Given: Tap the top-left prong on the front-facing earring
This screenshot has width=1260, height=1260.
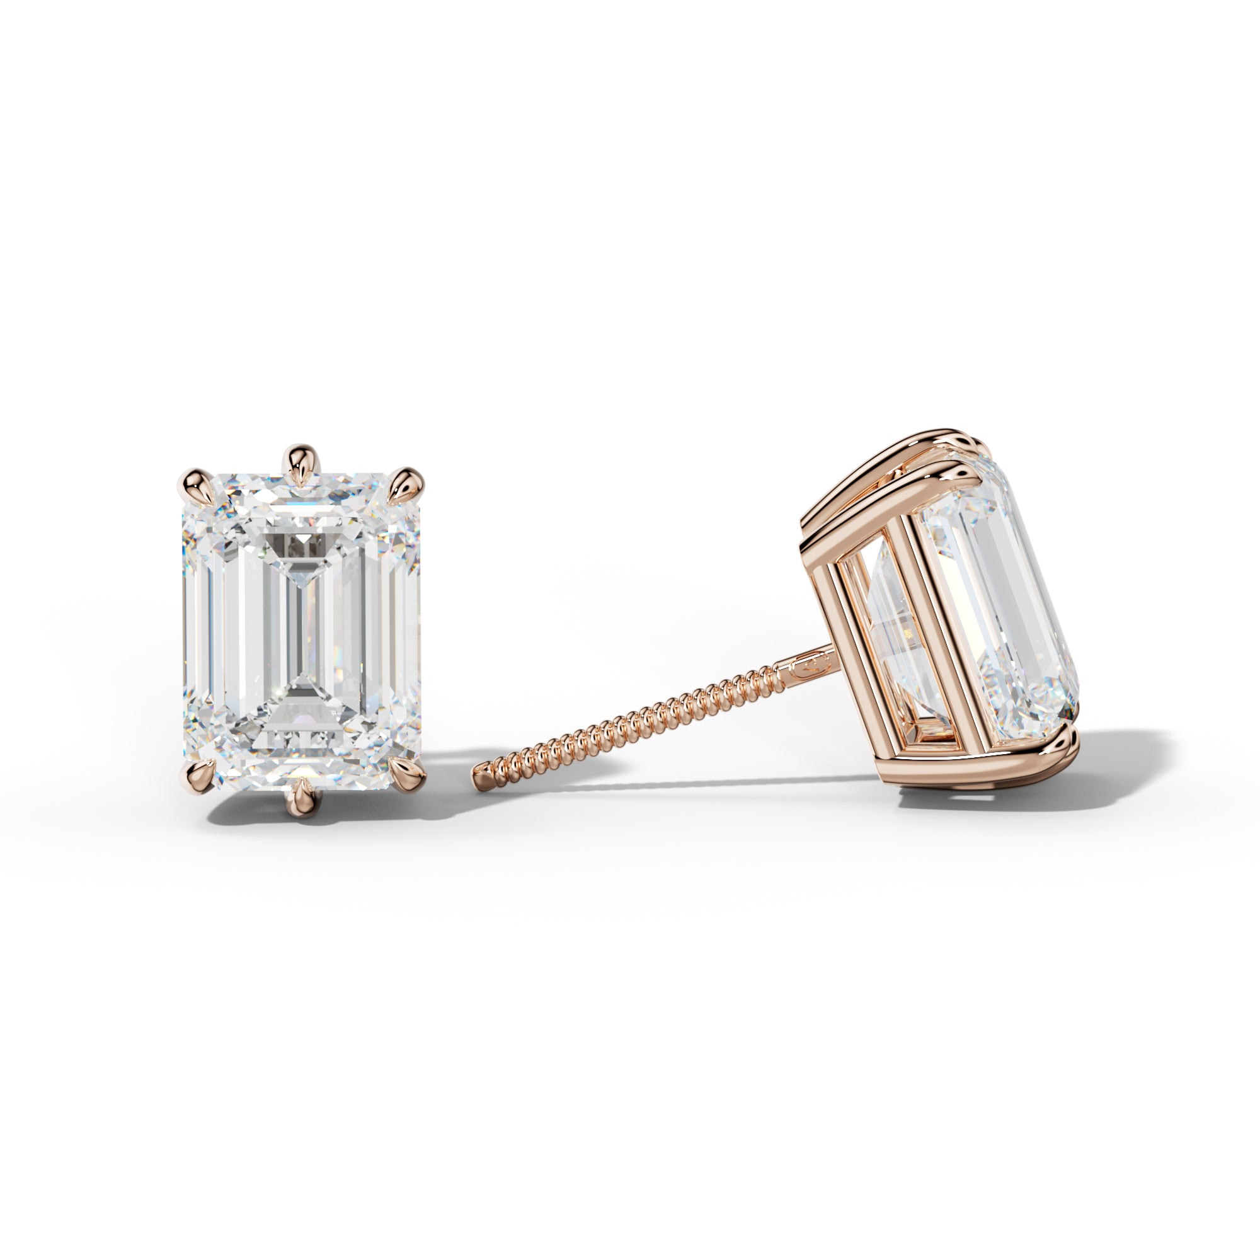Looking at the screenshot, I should pyautogui.click(x=193, y=488).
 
